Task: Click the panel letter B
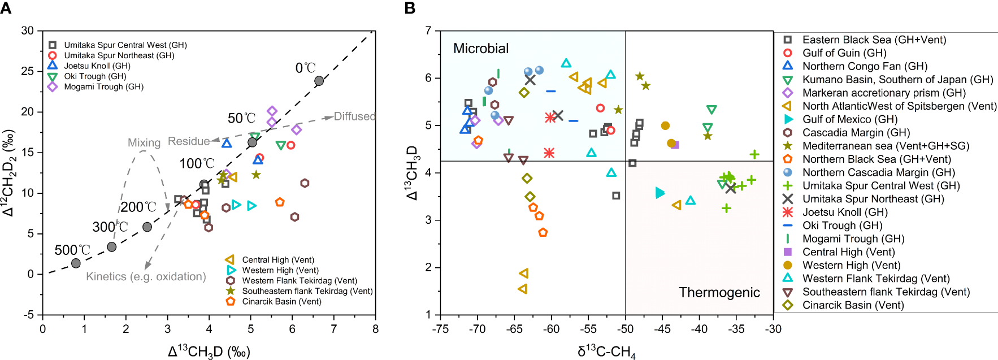click(410, 7)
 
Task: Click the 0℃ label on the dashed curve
click(305, 68)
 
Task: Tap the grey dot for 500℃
click(76, 263)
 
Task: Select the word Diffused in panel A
click(354, 116)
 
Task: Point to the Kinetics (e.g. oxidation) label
click(146, 276)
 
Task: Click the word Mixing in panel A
click(144, 143)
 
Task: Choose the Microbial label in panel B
click(481, 49)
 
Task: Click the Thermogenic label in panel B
click(719, 292)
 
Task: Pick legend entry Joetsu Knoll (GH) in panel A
click(97, 66)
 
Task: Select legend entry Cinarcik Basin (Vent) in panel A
click(281, 301)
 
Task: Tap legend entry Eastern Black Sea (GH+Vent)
click(874, 40)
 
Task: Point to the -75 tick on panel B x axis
click(440, 329)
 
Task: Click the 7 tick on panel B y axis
click(429, 31)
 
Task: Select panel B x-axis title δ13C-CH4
click(606, 352)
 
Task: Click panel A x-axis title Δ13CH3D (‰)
click(209, 352)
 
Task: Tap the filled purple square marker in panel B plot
click(674, 145)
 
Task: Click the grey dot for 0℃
click(319, 81)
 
